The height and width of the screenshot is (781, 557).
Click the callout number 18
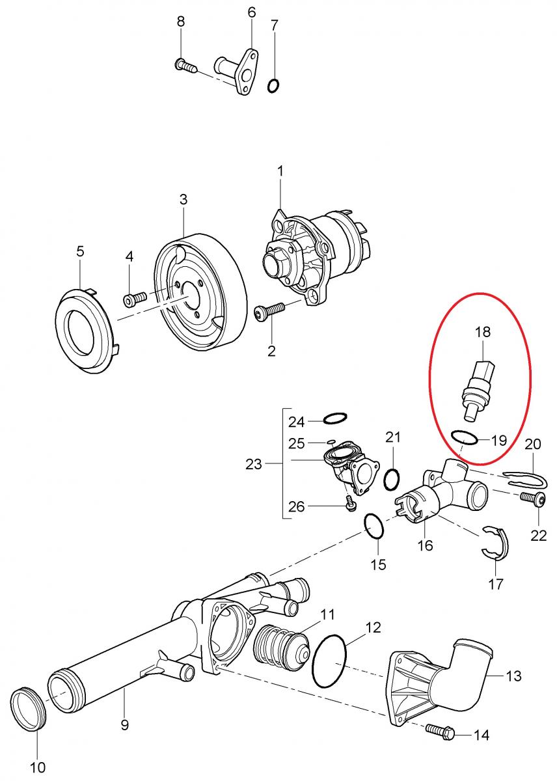pyautogui.click(x=482, y=331)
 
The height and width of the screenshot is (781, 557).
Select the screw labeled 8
pyautogui.click(x=185, y=66)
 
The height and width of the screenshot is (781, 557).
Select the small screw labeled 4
pyautogui.click(x=135, y=299)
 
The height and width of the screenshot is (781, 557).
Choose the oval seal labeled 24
pyautogui.click(x=324, y=418)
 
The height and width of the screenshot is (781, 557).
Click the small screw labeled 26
pyautogui.click(x=350, y=505)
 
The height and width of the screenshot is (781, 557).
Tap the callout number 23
pyautogui.click(x=253, y=464)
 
